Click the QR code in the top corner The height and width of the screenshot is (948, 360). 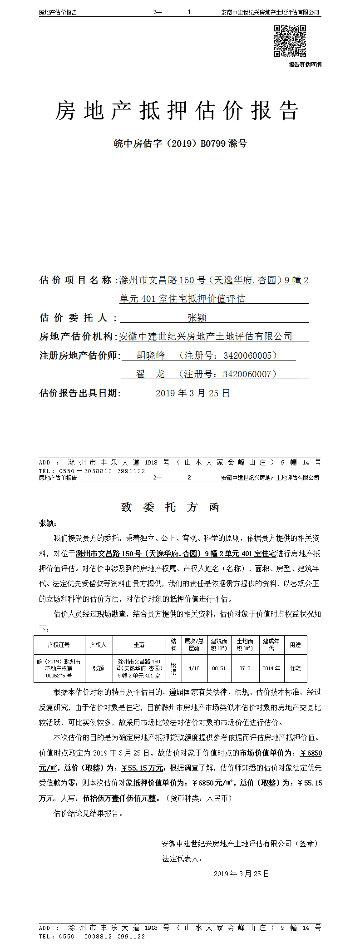tap(290, 41)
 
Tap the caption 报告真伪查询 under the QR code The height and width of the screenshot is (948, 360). tap(305, 64)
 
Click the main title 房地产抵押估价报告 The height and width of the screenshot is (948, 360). tap(177, 111)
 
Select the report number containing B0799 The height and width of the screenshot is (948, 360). tap(180, 143)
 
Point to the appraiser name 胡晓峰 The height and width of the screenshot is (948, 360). tap(151, 355)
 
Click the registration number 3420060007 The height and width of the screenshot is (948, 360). tap(247, 374)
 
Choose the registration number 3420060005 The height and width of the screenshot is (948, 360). tap(247, 355)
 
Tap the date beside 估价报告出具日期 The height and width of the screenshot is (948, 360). tap(192, 393)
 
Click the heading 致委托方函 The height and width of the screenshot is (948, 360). tap(170, 507)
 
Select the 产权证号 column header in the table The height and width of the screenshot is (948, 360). tap(59, 645)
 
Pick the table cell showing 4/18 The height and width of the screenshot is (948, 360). tap(194, 668)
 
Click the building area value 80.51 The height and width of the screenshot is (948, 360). tap(219, 668)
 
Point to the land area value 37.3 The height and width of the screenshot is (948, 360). tap(245, 668)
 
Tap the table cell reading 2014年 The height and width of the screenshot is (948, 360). tap(271, 668)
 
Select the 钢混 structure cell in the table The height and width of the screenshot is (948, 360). tap(173, 668)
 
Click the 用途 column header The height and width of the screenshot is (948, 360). tap(295, 645)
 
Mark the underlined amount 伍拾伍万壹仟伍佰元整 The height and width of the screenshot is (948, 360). tap(119, 798)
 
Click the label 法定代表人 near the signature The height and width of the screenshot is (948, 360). tap(182, 859)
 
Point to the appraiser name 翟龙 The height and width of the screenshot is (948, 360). tap(151, 374)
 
